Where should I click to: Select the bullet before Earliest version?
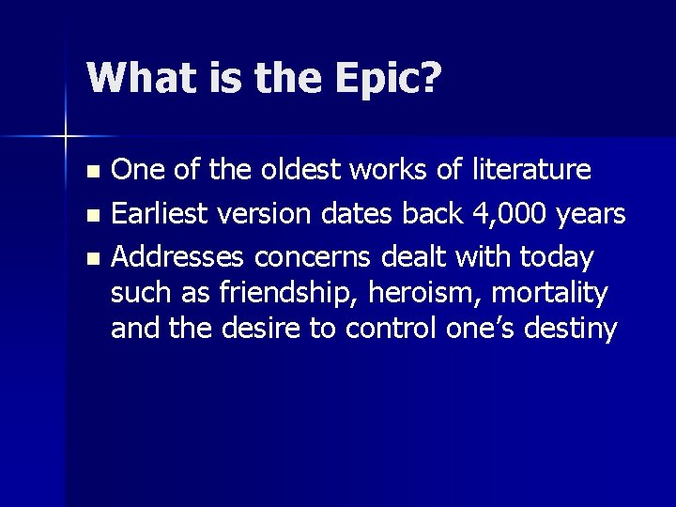click(91, 216)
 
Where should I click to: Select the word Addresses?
click(177, 255)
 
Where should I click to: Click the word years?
click(590, 215)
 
